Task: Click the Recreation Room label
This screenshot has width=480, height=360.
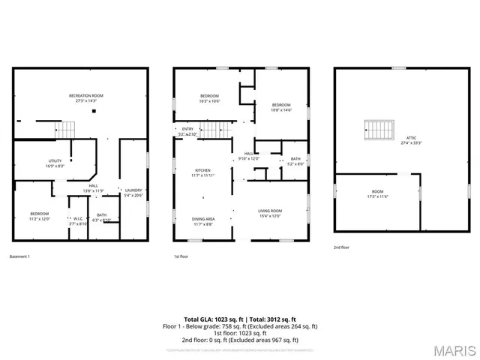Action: (85, 97)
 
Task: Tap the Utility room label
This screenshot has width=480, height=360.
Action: (55, 163)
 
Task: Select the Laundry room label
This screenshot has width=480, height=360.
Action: (133, 192)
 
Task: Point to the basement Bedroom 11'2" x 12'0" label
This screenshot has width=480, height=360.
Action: (39, 216)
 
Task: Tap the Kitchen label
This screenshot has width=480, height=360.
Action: (203, 172)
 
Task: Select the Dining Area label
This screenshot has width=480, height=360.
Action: (204, 220)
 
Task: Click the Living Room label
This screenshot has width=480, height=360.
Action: (269, 213)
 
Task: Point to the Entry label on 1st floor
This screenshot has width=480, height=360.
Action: (187, 130)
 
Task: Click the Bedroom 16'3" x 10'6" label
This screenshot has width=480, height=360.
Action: (209, 98)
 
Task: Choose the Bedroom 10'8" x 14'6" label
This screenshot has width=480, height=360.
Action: (281, 106)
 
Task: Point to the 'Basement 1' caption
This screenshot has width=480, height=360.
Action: (20, 256)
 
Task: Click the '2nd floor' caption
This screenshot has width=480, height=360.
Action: (342, 247)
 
